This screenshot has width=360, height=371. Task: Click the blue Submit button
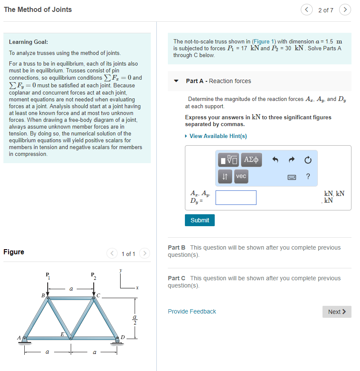pyautogui.click(x=200, y=220)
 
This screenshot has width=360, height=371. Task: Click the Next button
pyautogui.click(x=337, y=312)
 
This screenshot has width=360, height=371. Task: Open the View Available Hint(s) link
pyautogui.click(x=218, y=136)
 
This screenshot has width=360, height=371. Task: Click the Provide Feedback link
pyautogui.click(x=192, y=311)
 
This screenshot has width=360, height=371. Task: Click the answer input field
pyautogui.click(x=236, y=198)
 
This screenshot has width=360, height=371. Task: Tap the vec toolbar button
pyautogui.click(x=241, y=176)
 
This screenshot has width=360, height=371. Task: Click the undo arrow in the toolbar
pyautogui.click(x=275, y=160)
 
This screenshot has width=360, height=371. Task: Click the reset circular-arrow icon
pyautogui.click(x=308, y=160)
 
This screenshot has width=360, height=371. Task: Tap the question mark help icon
pyautogui.click(x=308, y=176)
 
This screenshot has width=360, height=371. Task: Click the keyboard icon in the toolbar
pyautogui.click(x=292, y=176)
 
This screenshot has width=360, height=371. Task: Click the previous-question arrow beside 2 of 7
pyautogui.click(x=306, y=10)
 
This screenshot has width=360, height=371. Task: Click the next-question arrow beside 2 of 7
pyautogui.click(x=345, y=10)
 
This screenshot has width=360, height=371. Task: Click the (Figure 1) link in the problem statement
pyautogui.click(x=264, y=41)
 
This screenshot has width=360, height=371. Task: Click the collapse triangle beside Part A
pyautogui.click(x=176, y=81)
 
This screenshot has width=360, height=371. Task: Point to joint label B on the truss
pyautogui.click(x=43, y=295)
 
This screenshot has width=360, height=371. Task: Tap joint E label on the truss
pyautogui.click(x=62, y=334)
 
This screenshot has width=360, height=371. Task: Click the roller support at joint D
pyautogui.click(x=117, y=339)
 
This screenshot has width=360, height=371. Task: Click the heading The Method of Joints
pyautogui.click(x=38, y=9)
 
